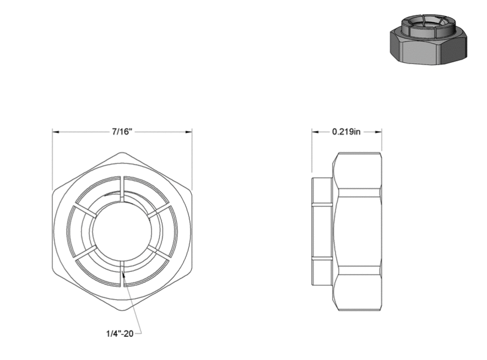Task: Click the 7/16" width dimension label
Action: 122,132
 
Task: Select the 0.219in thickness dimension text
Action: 347,132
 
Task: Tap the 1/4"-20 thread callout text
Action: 120,334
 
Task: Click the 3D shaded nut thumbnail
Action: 428,40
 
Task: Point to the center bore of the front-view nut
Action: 122,231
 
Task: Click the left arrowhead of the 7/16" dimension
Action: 56,132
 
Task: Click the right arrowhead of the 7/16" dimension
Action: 188,132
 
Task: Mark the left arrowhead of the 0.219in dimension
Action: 316,132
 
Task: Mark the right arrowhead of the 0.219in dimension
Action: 378,132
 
